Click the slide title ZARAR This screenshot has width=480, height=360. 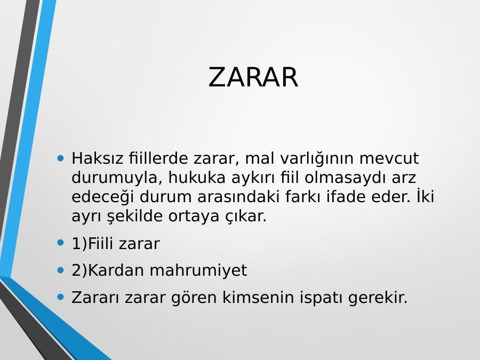[x=253, y=77]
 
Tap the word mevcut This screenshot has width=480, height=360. [x=389, y=158]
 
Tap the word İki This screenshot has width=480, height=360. [x=425, y=196]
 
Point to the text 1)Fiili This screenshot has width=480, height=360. [x=92, y=244]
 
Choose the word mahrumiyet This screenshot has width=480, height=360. [x=198, y=271]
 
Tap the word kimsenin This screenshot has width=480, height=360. [x=258, y=297]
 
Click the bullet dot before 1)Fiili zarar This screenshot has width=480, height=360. [x=61, y=243]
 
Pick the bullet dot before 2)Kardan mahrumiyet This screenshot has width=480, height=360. [x=61, y=270]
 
